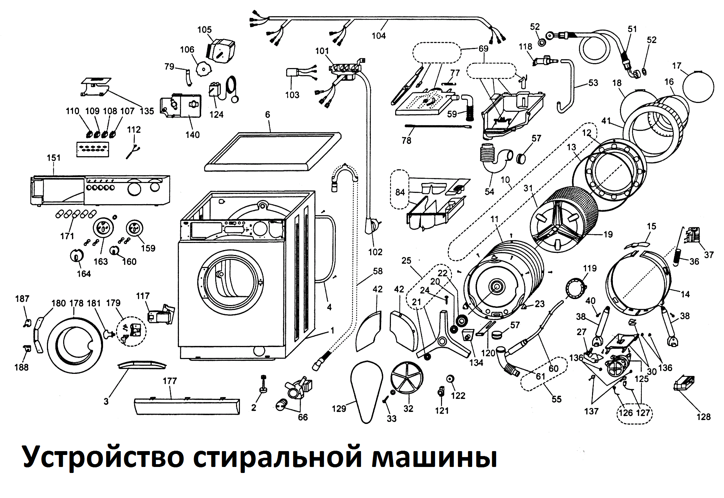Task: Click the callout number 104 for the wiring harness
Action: (x=379, y=36)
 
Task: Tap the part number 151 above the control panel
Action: (x=54, y=158)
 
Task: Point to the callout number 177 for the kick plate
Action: (x=170, y=381)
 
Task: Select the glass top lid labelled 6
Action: (x=273, y=152)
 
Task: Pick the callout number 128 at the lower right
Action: (x=704, y=417)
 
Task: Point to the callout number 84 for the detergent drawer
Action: (x=400, y=192)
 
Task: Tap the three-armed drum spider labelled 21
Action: (x=443, y=340)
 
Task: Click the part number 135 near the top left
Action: (x=147, y=111)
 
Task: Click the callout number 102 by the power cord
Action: (x=375, y=252)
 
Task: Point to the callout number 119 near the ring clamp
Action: (x=590, y=268)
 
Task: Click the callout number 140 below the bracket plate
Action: (x=193, y=134)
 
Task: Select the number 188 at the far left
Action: (x=21, y=367)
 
